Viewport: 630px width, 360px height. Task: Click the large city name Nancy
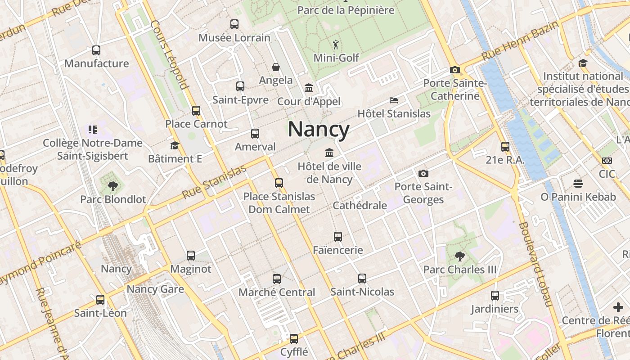coord(319,130)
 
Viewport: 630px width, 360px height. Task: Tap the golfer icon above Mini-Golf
coord(336,45)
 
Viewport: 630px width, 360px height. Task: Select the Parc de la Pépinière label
coord(346,10)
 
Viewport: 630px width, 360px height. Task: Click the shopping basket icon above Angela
coord(276,67)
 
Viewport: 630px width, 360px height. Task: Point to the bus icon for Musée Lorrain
coord(234,24)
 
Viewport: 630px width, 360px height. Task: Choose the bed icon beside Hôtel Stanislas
coord(394,100)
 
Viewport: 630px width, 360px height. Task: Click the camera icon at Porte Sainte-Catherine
coord(455,70)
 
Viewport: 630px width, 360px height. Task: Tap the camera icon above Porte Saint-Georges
coord(423,173)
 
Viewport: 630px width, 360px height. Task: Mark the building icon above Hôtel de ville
coord(329,153)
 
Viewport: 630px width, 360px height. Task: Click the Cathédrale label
coord(360,206)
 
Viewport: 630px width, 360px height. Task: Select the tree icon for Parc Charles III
coord(460,256)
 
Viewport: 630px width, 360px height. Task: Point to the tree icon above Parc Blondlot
coord(112,186)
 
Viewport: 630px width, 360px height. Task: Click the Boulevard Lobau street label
coord(535,264)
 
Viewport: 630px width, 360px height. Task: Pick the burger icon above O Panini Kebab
coord(578,184)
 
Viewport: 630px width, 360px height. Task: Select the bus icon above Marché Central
coord(277,279)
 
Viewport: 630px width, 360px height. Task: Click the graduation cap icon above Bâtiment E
coord(175,146)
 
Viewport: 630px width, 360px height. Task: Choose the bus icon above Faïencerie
coord(338,237)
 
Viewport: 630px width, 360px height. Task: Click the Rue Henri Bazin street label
coord(519,40)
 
